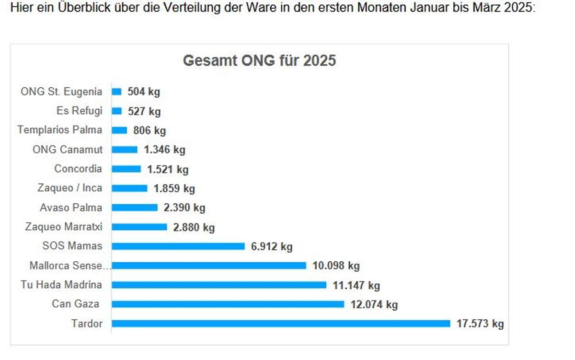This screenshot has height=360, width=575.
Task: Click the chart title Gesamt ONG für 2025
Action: tap(259, 61)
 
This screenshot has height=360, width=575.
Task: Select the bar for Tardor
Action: tap(281, 324)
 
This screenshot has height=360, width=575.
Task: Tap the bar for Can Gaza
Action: tap(228, 304)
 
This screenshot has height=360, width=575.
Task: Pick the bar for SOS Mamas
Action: tap(178, 246)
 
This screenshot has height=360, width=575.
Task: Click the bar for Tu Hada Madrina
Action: tap(219, 285)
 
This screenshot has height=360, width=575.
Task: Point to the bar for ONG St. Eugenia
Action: tap(116, 92)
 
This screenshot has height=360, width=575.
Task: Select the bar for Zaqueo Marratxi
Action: tap(139, 227)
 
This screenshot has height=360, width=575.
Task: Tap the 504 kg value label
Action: tap(144, 92)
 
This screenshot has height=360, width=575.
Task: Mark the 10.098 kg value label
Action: tap(336, 266)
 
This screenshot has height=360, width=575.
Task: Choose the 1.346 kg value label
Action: tap(164, 150)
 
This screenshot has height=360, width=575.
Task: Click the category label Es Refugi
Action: tap(80, 111)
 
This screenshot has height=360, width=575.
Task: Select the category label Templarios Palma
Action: tap(60, 130)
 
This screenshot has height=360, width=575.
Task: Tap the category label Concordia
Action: tap(78, 169)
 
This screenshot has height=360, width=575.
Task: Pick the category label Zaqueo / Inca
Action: tap(70, 188)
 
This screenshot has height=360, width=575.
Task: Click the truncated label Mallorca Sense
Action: tap(66, 266)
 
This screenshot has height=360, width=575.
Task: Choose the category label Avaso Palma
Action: tap(71, 208)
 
